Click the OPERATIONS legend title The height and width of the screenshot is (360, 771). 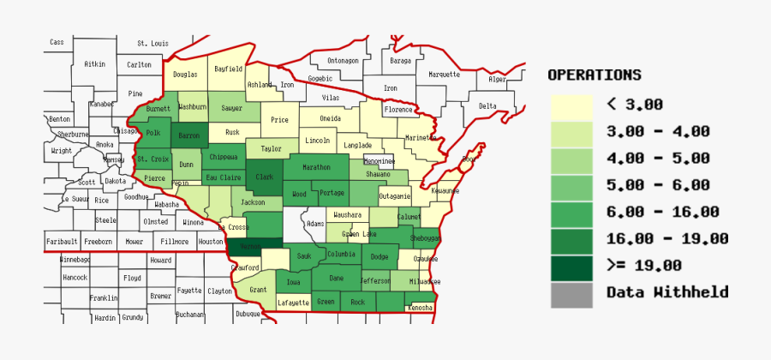pyautogui.click(x=595, y=75)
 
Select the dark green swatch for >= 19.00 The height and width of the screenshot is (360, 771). pyautogui.click(x=571, y=267)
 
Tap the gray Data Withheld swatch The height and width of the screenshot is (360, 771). pyautogui.click(x=571, y=293)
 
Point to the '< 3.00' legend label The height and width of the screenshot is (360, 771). pyautogui.click(x=635, y=105)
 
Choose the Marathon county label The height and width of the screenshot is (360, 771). pyautogui.click(x=316, y=167)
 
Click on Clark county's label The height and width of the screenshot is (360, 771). pyautogui.click(x=265, y=177)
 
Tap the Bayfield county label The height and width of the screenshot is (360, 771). pyautogui.click(x=229, y=69)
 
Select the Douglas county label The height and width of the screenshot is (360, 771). pyautogui.click(x=185, y=75)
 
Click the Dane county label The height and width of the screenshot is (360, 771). pyautogui.click(x=337, y=278)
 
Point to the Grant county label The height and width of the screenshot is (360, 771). pyautogui.click(x=258, y=291)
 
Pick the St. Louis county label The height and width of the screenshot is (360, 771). pyautogui.click(x=153, y=43)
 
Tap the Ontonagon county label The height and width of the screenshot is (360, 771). pyautogui.click(x=343, y=61)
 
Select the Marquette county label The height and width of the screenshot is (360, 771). pyautogui.click(x=444, y=75)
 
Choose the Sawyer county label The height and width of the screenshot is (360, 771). pyautogui.click(x=231, y=109)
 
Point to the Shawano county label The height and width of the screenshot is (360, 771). pyautogui.click(x=378, y=174)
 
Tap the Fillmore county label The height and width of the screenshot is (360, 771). pyautogui.click(x=175, y=242)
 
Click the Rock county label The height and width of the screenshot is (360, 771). pyautogui.click(x=358, y=302)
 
